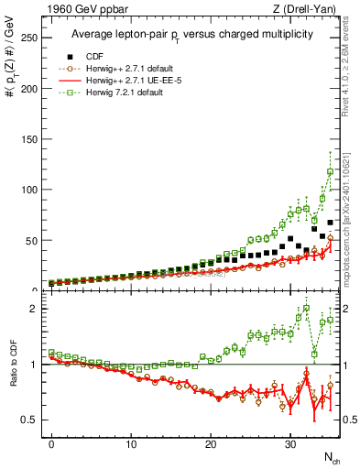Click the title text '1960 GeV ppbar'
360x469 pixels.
(x=77, y=9)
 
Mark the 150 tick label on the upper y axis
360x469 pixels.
(x=30, y=138)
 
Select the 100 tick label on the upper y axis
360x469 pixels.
(x=30, y=190)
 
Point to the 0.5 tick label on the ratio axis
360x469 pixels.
(x=32, y=420)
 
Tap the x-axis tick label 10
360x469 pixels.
(x=131, y=443)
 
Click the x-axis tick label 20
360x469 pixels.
(x=211, y=443)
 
